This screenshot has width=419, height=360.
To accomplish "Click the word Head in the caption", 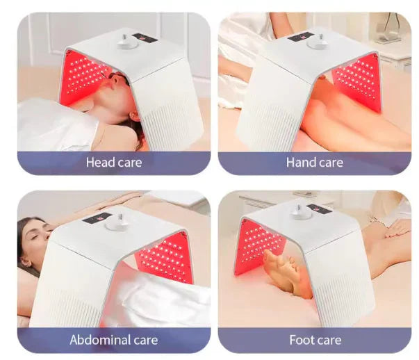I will (99, 163).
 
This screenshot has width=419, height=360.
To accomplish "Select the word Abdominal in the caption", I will (101, 341).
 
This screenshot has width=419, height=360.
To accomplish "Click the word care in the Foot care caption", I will (327, 341).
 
